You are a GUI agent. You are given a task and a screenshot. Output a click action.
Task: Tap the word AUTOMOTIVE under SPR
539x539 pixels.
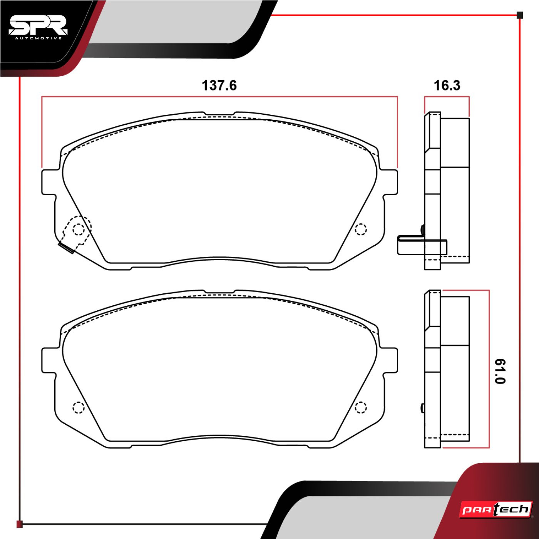(x=38, y=38)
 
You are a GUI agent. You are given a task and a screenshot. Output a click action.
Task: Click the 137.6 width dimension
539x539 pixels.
(x=219, y=85)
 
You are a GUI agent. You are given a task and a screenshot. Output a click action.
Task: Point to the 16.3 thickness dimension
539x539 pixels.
(x=447, y=85)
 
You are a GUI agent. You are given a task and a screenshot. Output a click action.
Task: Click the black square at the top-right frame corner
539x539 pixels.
(x=520, y=15)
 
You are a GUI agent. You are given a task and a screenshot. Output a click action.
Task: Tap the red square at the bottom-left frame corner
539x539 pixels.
(x=19, y=524)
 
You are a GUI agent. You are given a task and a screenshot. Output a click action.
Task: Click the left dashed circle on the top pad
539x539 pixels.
(x=79, y=229)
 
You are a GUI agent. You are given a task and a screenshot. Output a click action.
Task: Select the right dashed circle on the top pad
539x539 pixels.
(x=361, y=229)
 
